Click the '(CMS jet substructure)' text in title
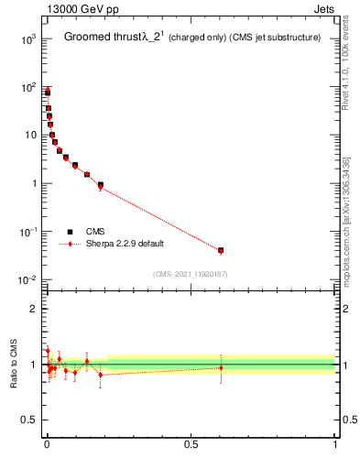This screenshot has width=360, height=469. [x=276, y=38]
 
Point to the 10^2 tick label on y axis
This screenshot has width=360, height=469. [x=27, y=87]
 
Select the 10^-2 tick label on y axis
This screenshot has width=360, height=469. [x=26, y=279]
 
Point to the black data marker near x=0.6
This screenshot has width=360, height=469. [x=221, y=250]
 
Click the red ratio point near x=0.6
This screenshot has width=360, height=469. [x=221, y=368]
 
